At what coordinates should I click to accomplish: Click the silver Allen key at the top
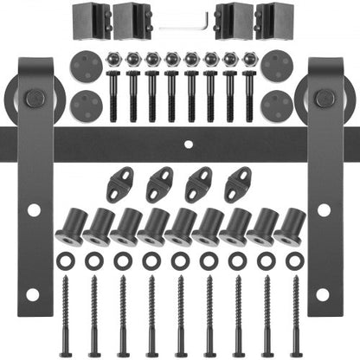click(x=181, y=25)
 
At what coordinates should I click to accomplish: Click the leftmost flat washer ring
click(x=64, y=259)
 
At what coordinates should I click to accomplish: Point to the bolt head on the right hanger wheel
click(x=324, y=99)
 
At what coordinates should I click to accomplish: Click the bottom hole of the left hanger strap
click(x=32, y=295)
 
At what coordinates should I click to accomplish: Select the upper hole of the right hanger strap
click(x=324, y=210)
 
